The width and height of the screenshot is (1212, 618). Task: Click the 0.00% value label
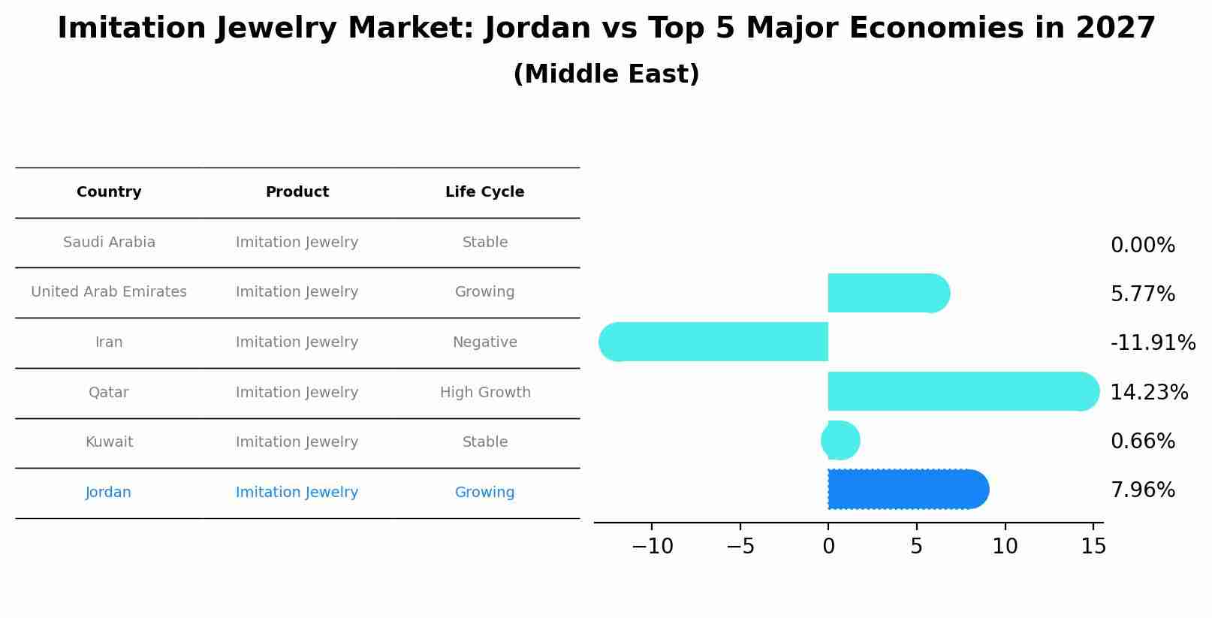(1142, 246)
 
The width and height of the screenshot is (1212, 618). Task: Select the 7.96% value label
(1142, 490)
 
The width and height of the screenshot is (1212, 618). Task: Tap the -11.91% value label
(1152, 342)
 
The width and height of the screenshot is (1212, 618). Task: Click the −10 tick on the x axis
(652, 547)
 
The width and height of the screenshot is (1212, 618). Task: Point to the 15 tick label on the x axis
(1093, 547)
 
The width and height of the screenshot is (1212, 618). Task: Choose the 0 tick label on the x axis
(828, 547)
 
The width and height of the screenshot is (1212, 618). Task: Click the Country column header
(109, 192)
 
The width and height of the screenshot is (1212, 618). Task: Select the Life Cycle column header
(484, 192)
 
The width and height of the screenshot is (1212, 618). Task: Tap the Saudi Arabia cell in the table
(109, 243)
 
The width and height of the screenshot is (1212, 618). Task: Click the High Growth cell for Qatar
(484, 393)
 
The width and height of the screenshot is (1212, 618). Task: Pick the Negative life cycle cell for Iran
(484, 342)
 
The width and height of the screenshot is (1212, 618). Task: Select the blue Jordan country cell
(108, 493)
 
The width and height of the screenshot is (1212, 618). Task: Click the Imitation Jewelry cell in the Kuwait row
(297, 442)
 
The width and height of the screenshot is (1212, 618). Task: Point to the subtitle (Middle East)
(606, 74)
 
